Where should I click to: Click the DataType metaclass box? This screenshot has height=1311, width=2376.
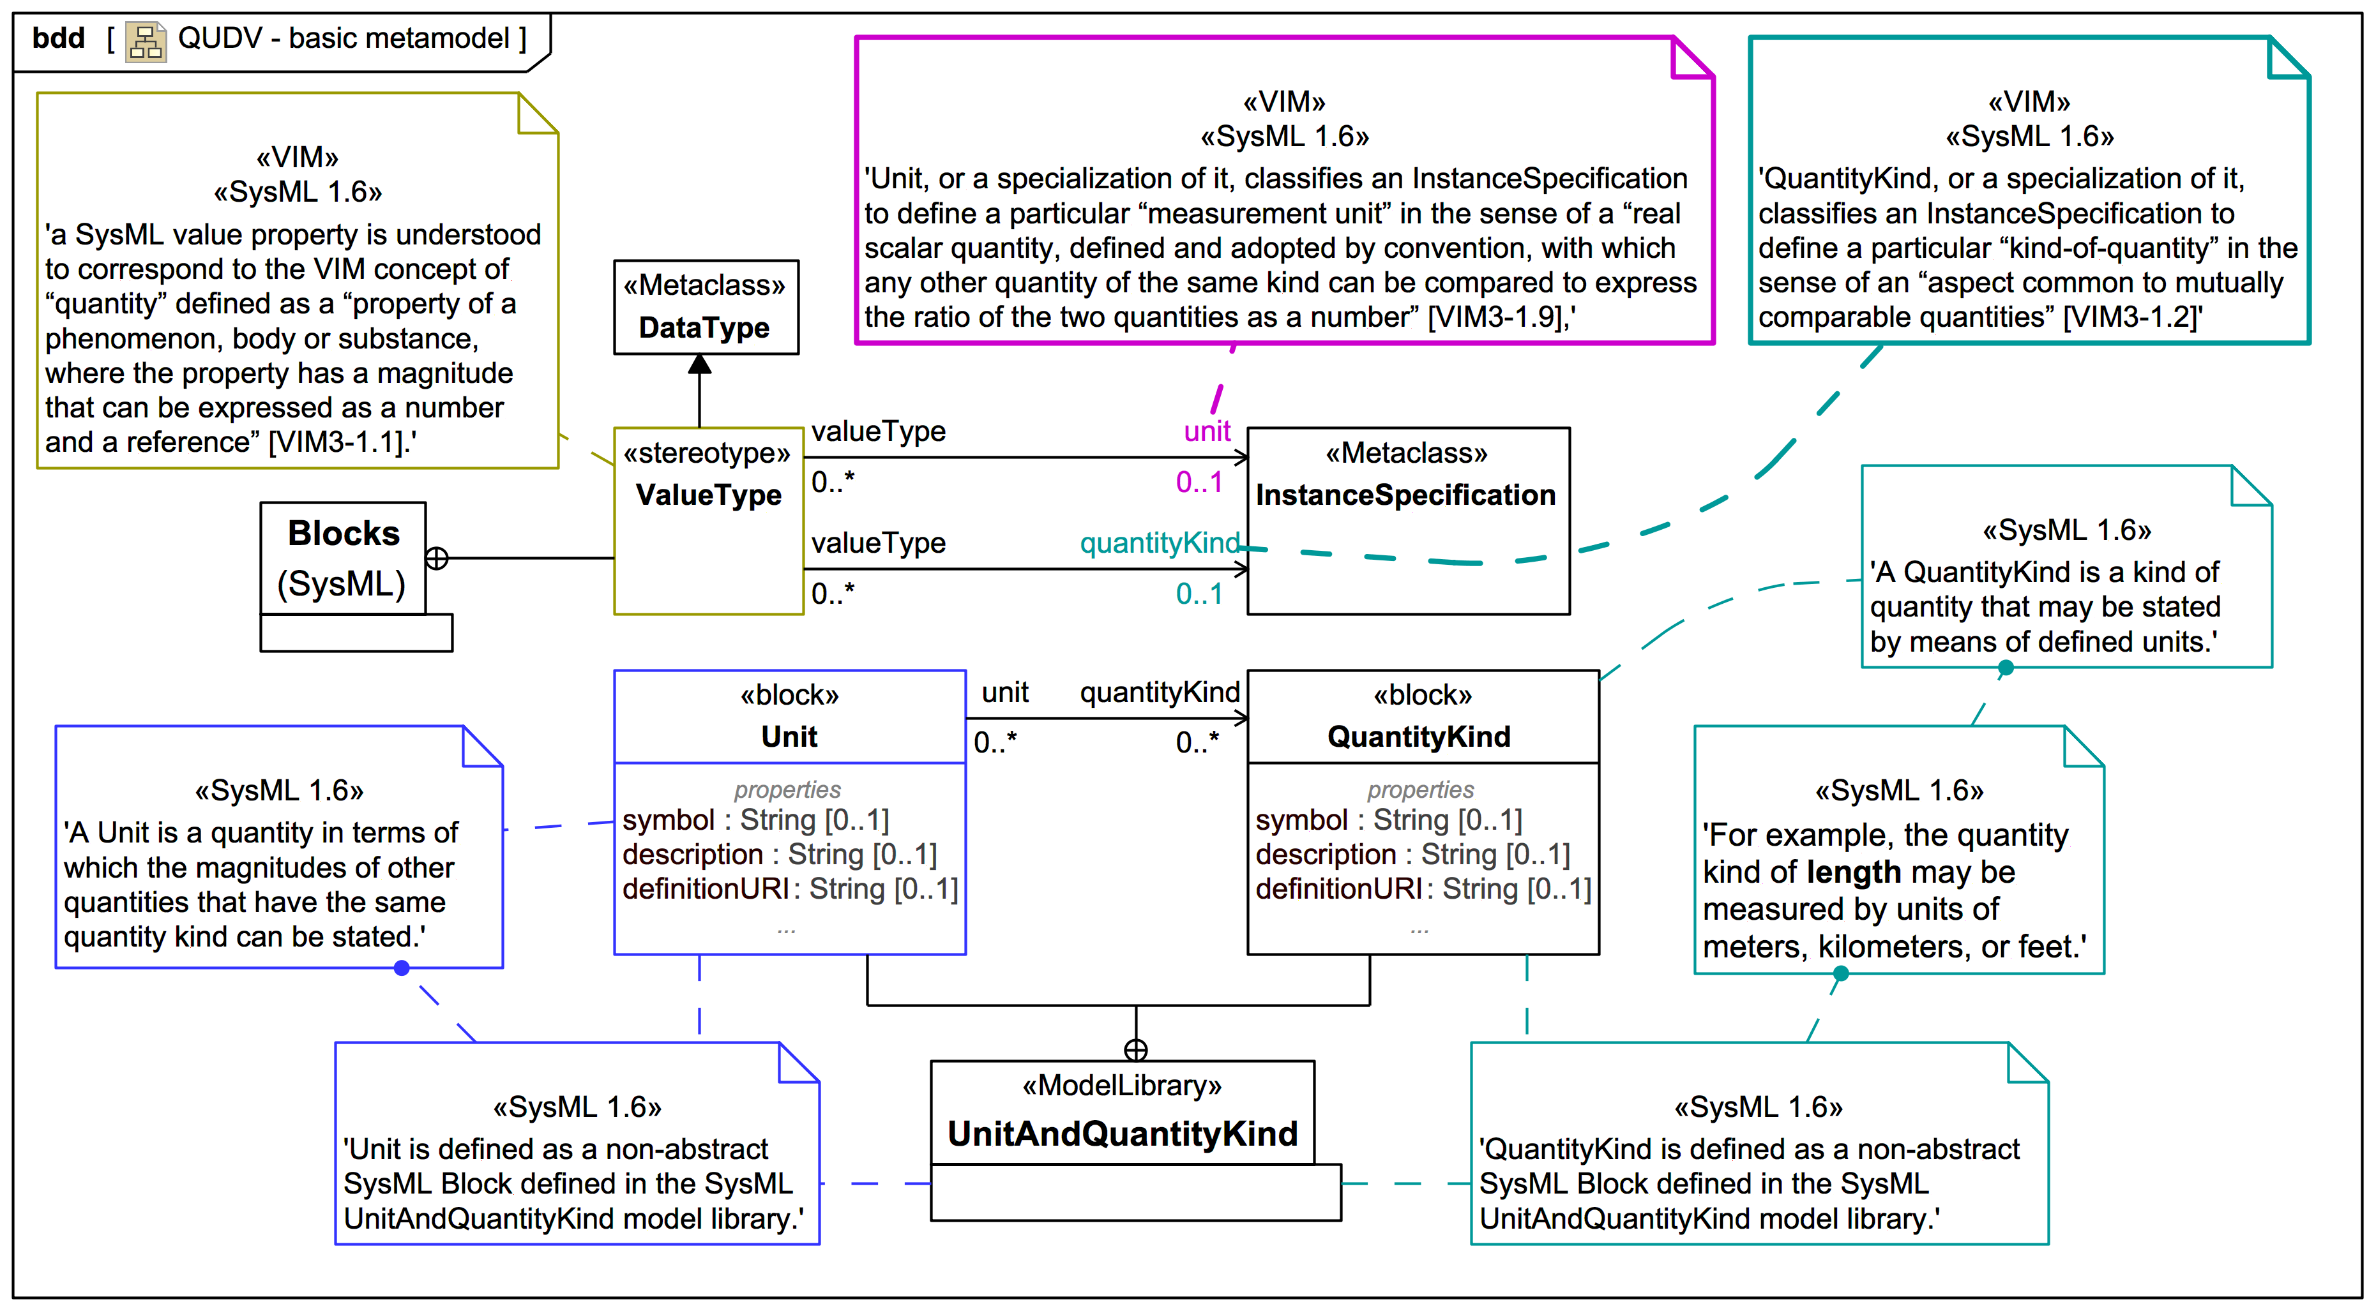point(706,307)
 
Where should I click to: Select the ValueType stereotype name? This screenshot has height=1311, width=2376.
point(708,495)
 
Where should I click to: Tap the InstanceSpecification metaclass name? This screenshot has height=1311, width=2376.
point(1405,495)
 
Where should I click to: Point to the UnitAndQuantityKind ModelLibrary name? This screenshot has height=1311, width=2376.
point(1123,1133)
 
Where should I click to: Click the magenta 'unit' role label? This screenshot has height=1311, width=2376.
point(1206,431)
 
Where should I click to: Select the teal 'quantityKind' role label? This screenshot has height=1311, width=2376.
point(1160,543)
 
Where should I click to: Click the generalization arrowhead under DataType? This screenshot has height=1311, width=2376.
point(700,364)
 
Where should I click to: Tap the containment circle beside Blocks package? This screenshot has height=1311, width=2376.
point(437,558)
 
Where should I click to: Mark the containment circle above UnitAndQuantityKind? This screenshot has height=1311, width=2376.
point(1135,1050)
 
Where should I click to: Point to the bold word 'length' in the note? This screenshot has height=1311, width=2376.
point(1853,872)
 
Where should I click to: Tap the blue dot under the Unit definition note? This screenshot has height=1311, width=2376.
point(401,968)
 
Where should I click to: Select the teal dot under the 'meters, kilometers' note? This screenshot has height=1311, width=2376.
point(1841,973)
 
